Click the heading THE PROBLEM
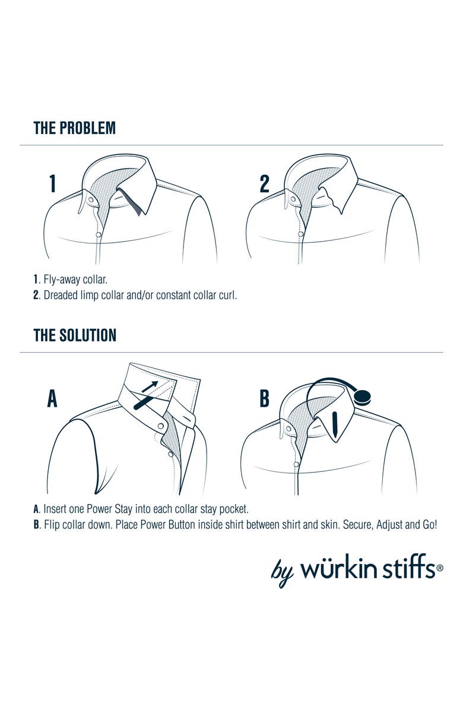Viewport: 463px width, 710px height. click(75, 128)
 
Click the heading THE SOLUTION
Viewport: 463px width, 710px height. click(75, 335)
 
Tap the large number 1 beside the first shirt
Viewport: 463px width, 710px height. click(52, 183)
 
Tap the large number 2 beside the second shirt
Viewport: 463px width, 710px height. click(265, 183)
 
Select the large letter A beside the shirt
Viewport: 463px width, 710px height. click(52, 399)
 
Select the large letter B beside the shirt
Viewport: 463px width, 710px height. click(264, 399)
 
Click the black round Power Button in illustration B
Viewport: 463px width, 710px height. click(363, 397)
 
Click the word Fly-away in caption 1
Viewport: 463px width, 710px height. click(62, 280)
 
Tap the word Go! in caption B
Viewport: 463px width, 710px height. click(429, 525)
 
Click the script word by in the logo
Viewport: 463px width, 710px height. click(282, 573)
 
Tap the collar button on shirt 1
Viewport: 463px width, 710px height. click(91, 199)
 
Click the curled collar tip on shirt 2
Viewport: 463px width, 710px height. click(337, 208)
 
